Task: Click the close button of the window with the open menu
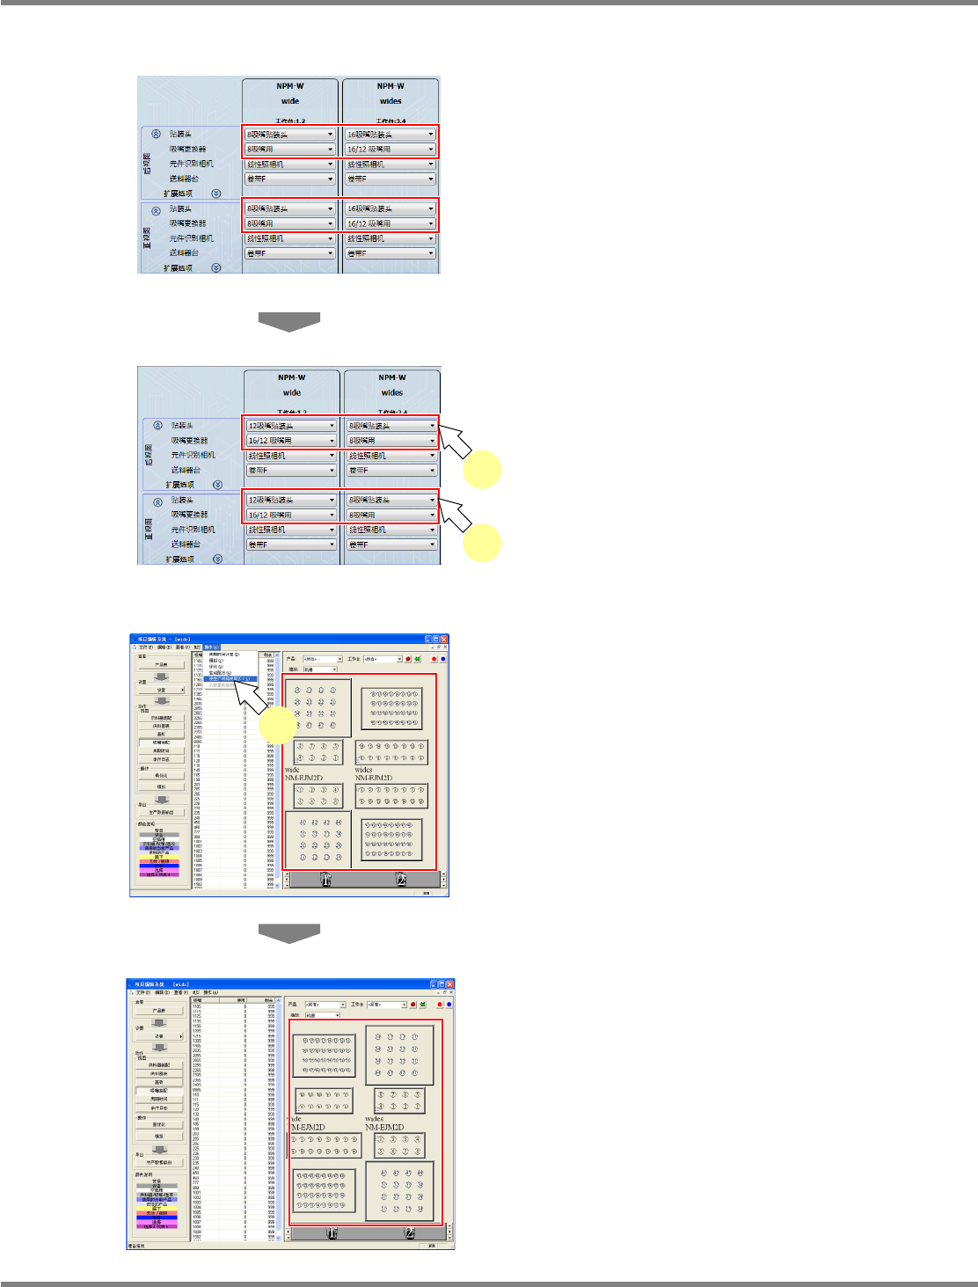pyautogui.click(x=444, y=640)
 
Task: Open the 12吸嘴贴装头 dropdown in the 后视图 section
pyautogui.click(x=290, y=426)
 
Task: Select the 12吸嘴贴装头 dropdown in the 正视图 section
pyautogui.click(x=290, y=500)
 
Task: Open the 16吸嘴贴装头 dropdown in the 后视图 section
pyautogui.click(x=390, y=135)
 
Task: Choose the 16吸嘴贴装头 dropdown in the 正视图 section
pyautogui.click(x=390, y=208)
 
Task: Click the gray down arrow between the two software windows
pyautogui.click(x=288, y=933)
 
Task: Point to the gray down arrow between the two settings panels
pyautogui.click(x=288, y=321)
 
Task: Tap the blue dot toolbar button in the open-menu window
pyautogui.click(x=442, y=659)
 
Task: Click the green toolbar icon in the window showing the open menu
pyautogui.click(x=417, y=659)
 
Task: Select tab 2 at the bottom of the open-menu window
pyautogui.click(x=400, y=880)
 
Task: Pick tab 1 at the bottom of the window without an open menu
pyautogui.click(x=332, y=1233)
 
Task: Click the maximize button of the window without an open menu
pyautogui.click(x=441, y=984)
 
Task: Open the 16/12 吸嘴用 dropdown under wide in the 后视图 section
pyautogui.click(x=290, y=441)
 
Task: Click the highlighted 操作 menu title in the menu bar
pyautogui.click(x=211, y=647)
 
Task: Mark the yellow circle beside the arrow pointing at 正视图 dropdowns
pyautogui.click(x=483, y=544)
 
